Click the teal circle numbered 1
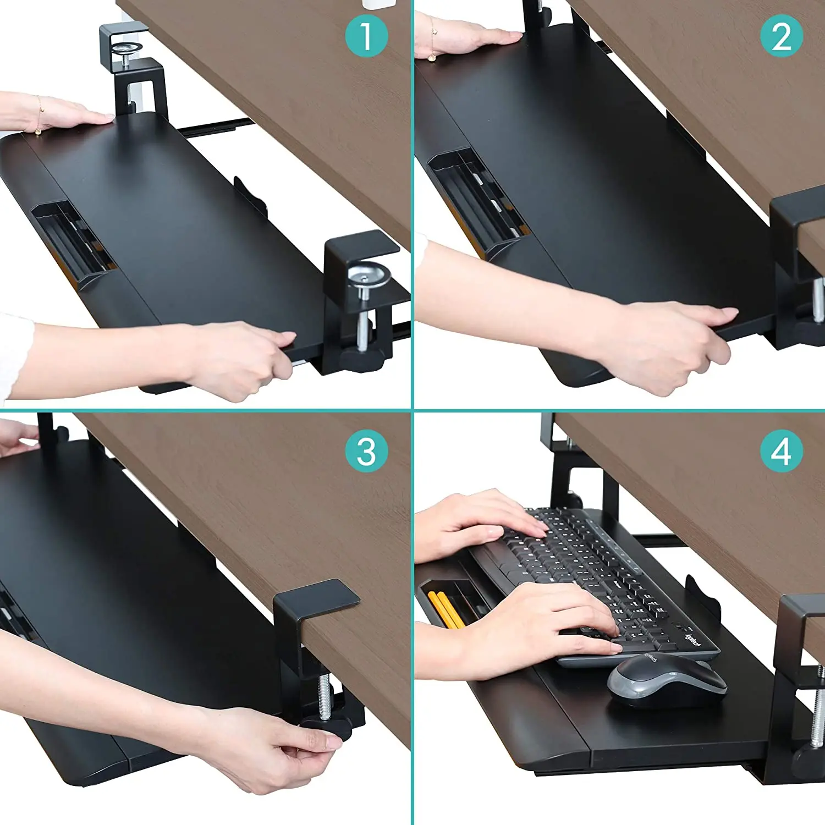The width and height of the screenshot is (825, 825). (x=366, y=36)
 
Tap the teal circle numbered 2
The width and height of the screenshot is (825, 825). (x=781, y=36)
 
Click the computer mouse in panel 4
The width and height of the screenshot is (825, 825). (x=667, y=680)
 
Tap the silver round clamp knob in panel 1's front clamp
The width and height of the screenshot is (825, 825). (x=369, y=273)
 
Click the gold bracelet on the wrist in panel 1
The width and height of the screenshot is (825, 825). (x=38, y=116)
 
